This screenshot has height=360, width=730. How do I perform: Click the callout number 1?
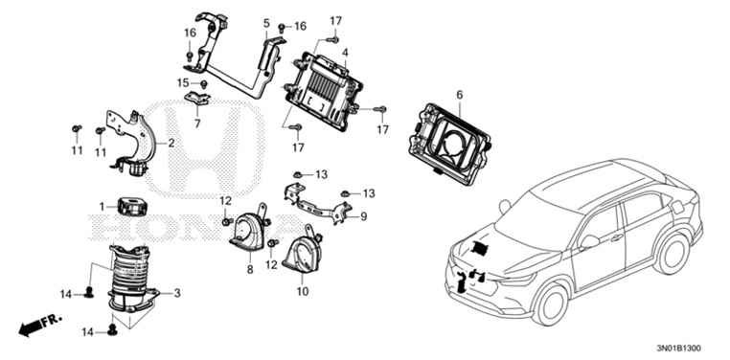(102, 206)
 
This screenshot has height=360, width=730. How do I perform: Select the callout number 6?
(460, 95)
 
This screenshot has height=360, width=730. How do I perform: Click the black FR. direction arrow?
(31, 328)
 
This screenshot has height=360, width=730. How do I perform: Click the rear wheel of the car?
(673, 254)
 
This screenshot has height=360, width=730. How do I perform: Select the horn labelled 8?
(250, 229)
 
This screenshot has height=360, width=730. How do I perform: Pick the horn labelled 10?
(302, 251)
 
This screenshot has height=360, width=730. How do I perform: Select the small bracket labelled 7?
(197, 99)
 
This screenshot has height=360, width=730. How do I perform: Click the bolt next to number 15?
(203, 84)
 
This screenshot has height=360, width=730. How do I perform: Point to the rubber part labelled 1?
(132, 207)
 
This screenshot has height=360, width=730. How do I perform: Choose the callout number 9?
(364, 216)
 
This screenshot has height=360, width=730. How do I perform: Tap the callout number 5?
(266, 23)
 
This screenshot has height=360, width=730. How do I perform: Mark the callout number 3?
(177, 293)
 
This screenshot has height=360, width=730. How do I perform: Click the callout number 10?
(303, 292)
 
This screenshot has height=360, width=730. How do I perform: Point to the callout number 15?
(183, 83)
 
